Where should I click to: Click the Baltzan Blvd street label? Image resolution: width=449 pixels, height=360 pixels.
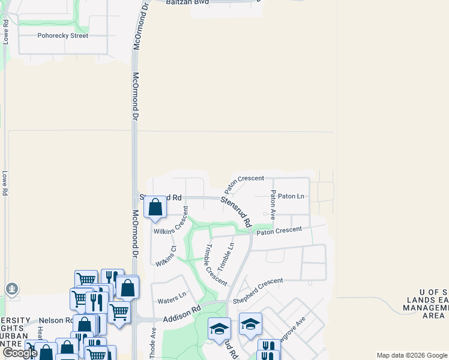(x=187, y=2)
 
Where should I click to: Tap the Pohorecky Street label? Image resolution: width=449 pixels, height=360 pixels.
(x=62, y=35)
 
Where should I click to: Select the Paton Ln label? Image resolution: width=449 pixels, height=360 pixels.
(x=291, y=196)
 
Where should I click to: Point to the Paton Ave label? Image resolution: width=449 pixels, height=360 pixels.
(x=273, y=204)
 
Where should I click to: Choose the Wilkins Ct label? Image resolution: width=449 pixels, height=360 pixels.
(x=166, y=256)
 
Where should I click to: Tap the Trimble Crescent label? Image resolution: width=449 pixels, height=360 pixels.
(x=215, y=265)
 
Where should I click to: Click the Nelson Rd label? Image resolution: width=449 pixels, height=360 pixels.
(x=54, y=321)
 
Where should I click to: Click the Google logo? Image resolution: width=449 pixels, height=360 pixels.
(x=20, y=353)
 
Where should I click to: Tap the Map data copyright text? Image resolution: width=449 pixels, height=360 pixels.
(x=411, y=355)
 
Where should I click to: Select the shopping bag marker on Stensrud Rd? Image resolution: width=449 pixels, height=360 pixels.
(x=155, y=207)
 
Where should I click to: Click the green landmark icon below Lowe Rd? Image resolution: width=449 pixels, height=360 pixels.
(x=11, y=289)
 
